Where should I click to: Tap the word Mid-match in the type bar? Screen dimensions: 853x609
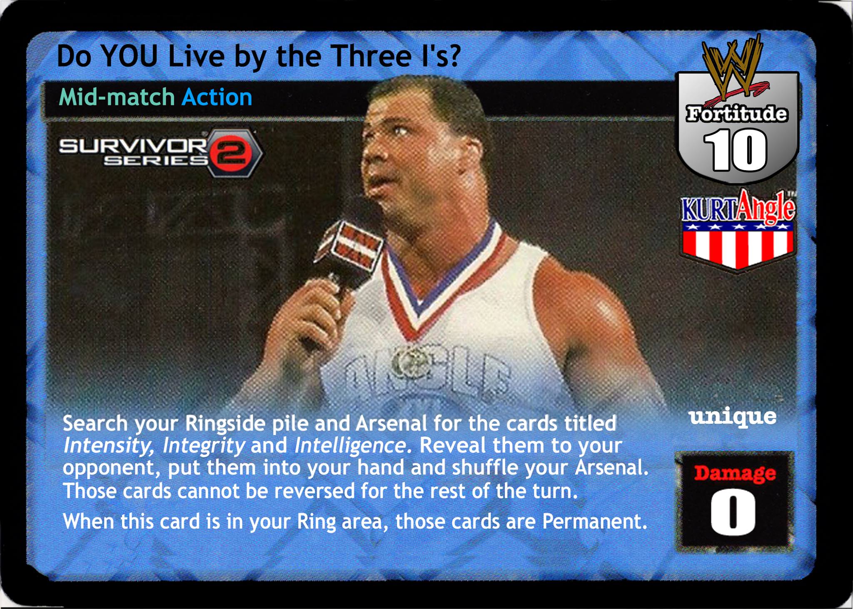pos(117,97)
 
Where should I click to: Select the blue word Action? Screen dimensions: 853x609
pos(217,97)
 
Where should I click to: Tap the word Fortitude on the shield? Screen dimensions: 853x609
pos(737,114)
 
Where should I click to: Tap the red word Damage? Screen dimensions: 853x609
pos(735,473)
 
